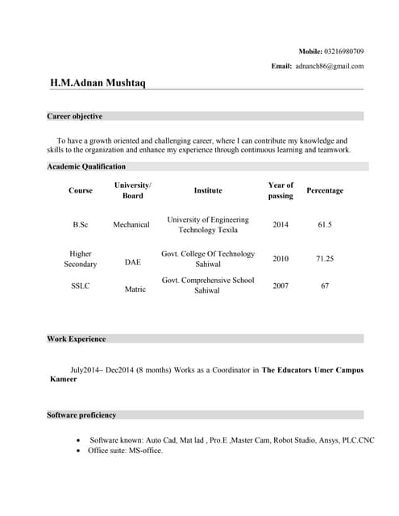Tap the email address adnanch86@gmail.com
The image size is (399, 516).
[329, 66]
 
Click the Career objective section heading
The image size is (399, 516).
[75, 116]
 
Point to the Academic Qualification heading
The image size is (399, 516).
[86, 166]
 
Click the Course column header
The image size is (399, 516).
[81, 190]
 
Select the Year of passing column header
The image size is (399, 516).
[281, 190]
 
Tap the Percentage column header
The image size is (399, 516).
[325, 190]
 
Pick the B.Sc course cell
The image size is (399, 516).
[81, 224]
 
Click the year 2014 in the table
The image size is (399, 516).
[281, 224]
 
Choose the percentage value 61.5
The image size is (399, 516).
[325, 224]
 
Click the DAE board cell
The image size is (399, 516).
[132, 262]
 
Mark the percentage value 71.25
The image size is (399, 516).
[325, 259]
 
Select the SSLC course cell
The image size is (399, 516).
[81, 285]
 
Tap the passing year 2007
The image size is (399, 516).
[281, 285]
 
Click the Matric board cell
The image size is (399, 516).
[135, 289]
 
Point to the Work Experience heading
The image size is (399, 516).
[77, 339]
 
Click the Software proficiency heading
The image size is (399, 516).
[81, 414]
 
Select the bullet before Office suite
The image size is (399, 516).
[77, 451]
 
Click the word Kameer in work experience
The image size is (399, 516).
[64, 378]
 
